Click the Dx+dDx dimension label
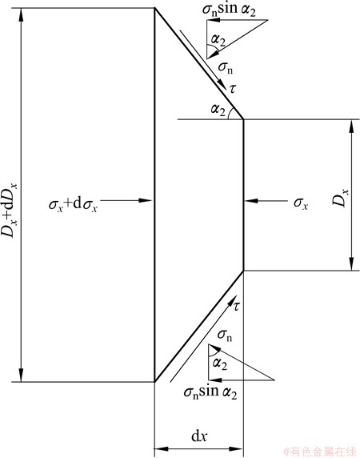click(10, 210)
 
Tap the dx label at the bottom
click(199, 436)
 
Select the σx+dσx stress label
click(74, 204)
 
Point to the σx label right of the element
click(301, 203)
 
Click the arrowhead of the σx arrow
click(251, 201)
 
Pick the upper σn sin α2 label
click(229, 9)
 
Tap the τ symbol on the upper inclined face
click(233, 88)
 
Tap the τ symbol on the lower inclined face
click(236, 307)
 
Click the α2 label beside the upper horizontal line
click(218, 110)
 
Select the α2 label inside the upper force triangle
click(218, 40)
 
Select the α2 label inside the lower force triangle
click(220, 364)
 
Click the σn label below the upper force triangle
click(226, 68)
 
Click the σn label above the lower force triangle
click(225, 335)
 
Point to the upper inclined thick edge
click(199, 63)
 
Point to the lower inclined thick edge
click(199, 326)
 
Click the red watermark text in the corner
click(320, 452)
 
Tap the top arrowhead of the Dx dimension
click(351, 127)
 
